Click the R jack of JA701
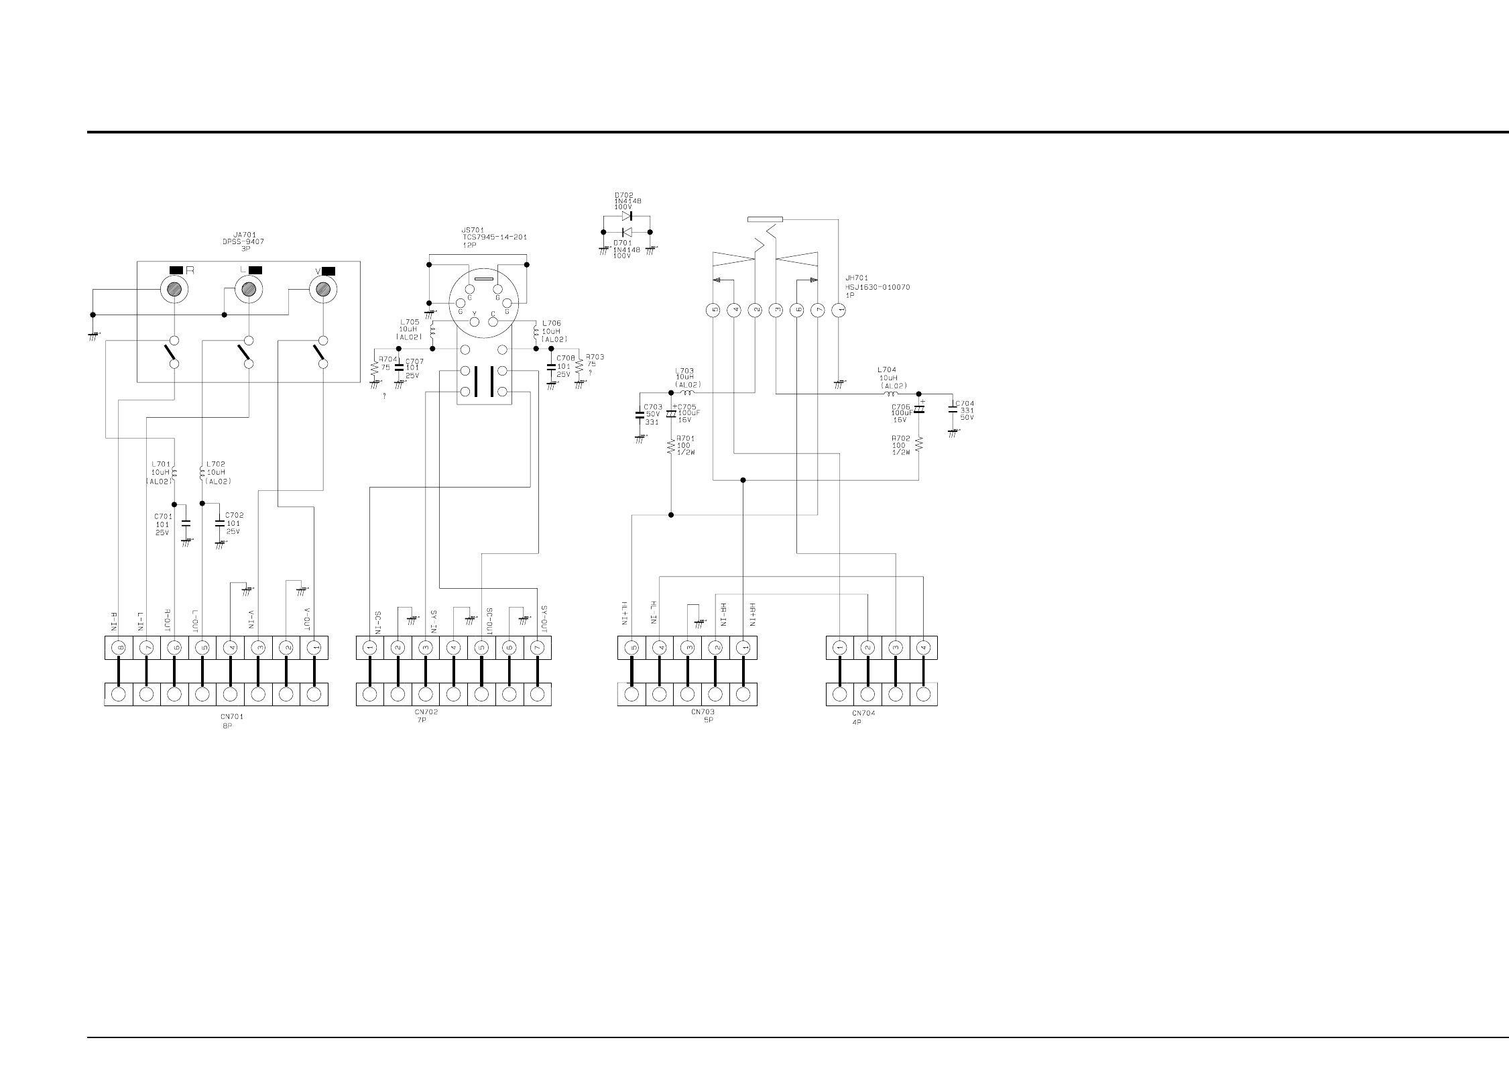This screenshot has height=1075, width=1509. (x=174, y=289)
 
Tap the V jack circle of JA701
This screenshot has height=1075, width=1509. (x=322, y=289)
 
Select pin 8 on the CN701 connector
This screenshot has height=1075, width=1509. (x=119, y=648)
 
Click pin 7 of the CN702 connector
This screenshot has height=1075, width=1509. (x=537, y=648)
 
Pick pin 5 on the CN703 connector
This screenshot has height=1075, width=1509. (x=631, y=648)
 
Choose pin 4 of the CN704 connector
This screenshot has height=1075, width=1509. (x=923, y=648)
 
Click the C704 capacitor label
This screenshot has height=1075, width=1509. (x=965, y=404)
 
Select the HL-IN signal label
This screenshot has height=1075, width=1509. (x=652, y=614)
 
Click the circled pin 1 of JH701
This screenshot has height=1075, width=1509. (x=838, y=310)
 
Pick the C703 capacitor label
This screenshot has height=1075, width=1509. (x=652, y=407)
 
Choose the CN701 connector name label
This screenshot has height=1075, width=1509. (x=232, y=717)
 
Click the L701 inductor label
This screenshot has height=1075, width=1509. (x=161, y=463)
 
